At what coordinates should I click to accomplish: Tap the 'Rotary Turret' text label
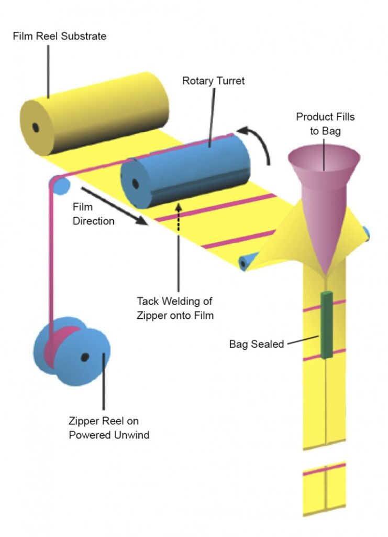pyautogui.click(x=213, y=81)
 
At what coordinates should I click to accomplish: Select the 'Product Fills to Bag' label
pyautogui.click(x=325, y=123)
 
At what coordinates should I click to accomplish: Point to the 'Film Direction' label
pyautogui.click(x=93, y=214)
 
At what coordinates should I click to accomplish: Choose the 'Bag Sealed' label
pyautogui.click(x=256, y=344)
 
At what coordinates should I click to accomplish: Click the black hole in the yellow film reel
pyautogui.click(x=36, y=127)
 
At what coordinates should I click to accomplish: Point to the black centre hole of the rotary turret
pyautogui.click(x=136, y=184)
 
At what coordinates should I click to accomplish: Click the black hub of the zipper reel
pyautogui.click(x=84, y=357)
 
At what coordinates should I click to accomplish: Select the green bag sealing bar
pyautogui.click(x=327, y=325)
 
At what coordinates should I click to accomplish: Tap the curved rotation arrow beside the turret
pyautogui.click(x=259, y=142)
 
